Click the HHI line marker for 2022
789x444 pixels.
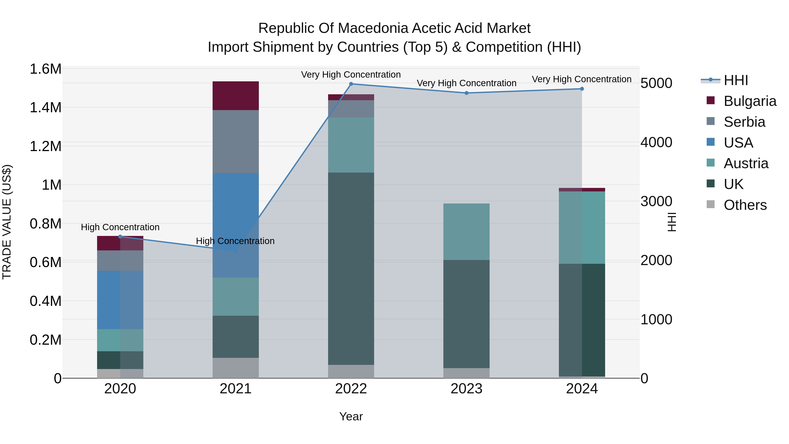[351, 84]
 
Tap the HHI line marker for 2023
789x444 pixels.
[466, 93]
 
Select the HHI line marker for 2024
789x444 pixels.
[582, 89]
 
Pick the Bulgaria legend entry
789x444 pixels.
[750, 101]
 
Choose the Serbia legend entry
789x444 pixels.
[744, 122]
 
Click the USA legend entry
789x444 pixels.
[738, 143]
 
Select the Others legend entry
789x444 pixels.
[745, 205]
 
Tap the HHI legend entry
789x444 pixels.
[736, 80]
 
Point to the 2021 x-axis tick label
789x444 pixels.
[236, 389]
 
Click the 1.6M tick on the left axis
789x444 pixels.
[45, 69]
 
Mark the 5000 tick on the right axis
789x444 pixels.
[656, 83]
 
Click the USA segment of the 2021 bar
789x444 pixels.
[236, 225]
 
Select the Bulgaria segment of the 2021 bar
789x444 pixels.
[236, 96]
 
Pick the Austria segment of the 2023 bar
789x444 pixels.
[466, 232]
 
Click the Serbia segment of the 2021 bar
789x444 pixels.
[236, 142]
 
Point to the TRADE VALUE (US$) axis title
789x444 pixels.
[7, 222]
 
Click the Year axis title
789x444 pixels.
[351, 416]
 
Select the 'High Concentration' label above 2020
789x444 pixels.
[120, 227]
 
